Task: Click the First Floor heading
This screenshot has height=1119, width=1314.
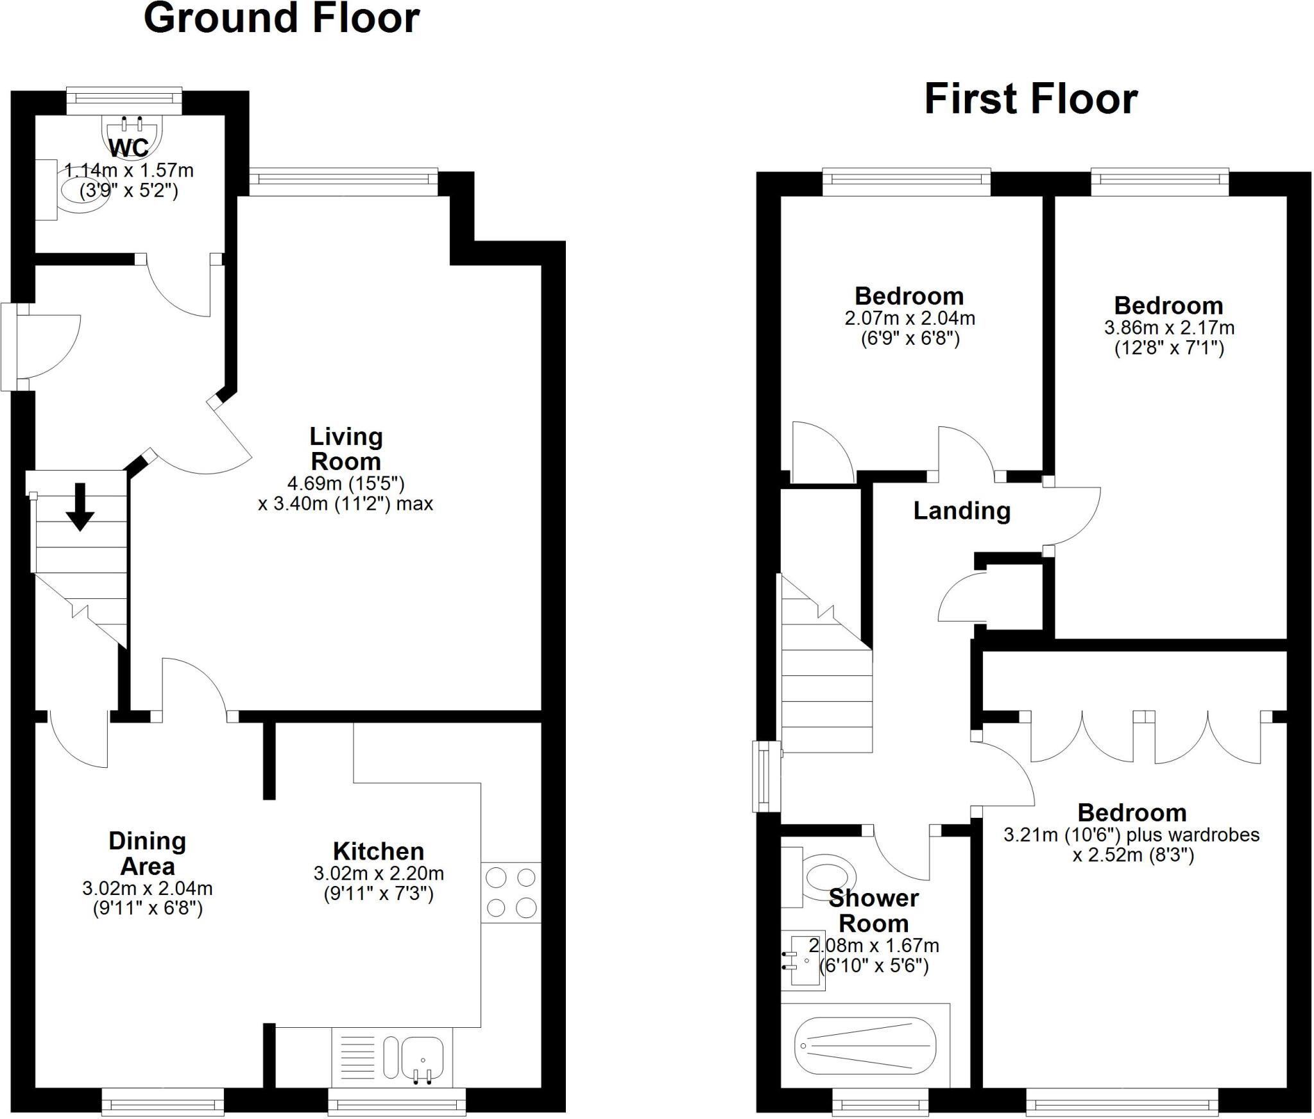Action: [1030, 100]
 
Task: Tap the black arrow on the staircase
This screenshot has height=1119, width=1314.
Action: [80, 507]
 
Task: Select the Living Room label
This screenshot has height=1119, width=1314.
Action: [346, 449]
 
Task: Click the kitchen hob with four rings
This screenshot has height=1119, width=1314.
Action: [511, 892]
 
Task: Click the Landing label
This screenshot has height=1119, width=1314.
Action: [961, 511]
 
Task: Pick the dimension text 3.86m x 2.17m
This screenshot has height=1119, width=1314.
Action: [1168, 328]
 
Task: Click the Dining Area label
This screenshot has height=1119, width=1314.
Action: [147, 853]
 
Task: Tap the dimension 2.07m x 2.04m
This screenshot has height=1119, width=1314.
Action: [909, 318]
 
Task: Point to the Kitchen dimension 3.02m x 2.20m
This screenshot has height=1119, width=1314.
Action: [379, 874]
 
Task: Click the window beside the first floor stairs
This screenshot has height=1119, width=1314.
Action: [765, 776]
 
